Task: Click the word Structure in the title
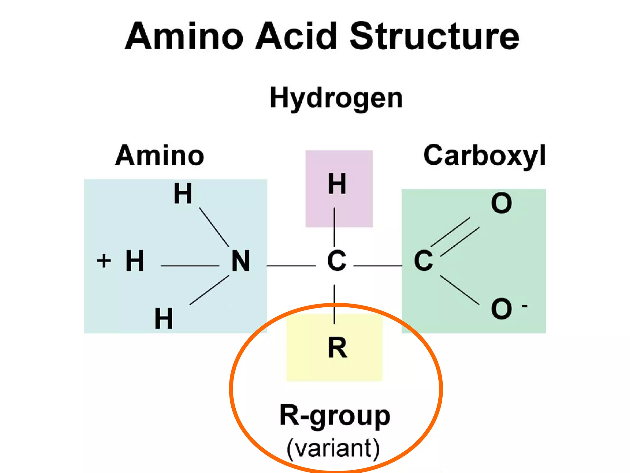(434, 36)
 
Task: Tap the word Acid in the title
(296, 36)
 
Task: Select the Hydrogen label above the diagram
(336, 98)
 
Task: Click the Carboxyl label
(484, 156)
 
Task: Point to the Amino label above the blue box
(159, 155)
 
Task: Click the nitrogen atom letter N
(241, 261)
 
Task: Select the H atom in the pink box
(337, 184)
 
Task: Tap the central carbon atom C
(337, 261)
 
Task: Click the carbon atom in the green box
(423, 261)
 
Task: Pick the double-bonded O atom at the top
(501, 203)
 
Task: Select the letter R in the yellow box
(337, 348)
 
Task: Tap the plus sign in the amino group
(104, 261)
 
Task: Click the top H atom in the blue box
(183, 194)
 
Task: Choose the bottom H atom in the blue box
(164, 319)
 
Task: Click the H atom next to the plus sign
(135, 261)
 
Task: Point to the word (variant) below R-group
(333, 448)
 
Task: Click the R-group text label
(335, 416)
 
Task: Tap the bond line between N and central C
(291, 265)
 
